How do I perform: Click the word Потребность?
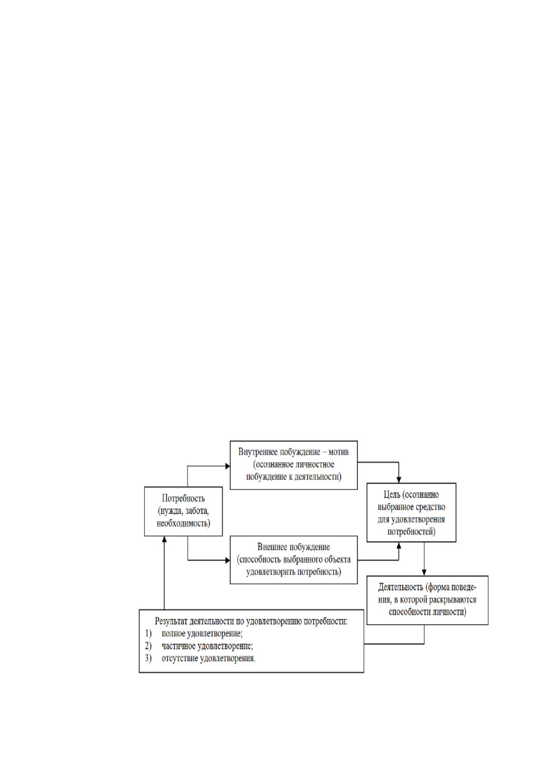183,499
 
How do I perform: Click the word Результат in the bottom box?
171,621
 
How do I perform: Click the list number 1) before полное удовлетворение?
148,634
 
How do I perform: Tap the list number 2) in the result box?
148,646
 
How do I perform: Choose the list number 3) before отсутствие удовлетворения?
148,658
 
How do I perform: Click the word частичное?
178,646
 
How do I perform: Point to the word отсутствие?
179,658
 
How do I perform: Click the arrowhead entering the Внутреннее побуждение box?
228,466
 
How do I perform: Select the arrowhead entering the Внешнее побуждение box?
228,560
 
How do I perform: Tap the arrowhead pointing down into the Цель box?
399,480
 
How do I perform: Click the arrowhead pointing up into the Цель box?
399,545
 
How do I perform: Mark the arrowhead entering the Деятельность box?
424,573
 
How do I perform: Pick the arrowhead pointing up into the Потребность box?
164,539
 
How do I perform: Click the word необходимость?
183,523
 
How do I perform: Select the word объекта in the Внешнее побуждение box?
337,560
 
